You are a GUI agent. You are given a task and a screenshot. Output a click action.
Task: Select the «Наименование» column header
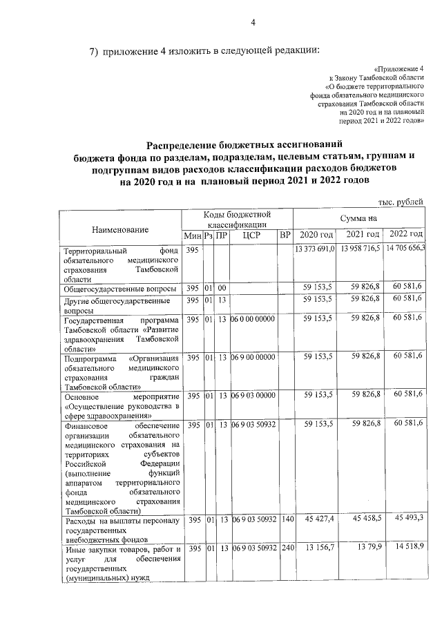121,228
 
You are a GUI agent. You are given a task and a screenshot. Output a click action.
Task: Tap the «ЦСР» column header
253,235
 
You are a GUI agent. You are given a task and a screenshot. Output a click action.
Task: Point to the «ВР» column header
285,235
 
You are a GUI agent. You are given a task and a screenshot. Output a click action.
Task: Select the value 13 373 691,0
316,248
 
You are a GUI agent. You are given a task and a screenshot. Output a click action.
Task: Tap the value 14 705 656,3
405,248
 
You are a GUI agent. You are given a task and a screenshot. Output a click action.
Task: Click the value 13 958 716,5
360,248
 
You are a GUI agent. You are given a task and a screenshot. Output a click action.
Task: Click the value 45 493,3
408,518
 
